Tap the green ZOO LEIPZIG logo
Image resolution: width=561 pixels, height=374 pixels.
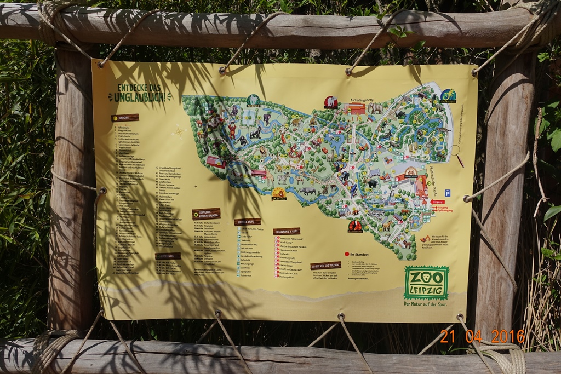426,282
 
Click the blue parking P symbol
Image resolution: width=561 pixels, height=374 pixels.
448,193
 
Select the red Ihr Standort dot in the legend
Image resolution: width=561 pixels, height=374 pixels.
346,254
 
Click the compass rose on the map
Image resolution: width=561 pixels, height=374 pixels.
179,131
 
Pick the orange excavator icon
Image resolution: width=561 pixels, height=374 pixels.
425,238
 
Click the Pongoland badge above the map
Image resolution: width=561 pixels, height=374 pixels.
253,101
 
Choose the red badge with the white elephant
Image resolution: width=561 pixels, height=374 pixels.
331,102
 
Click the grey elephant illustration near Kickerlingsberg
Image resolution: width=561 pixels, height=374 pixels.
375,108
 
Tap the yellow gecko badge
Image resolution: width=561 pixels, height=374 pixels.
448,96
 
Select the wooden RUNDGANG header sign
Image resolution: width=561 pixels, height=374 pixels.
125,117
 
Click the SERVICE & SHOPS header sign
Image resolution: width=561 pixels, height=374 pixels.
247,222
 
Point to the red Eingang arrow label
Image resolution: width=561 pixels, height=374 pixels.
437,202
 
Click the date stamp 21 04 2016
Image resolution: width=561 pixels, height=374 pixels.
482,336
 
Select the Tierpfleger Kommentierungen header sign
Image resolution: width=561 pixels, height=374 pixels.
206,213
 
